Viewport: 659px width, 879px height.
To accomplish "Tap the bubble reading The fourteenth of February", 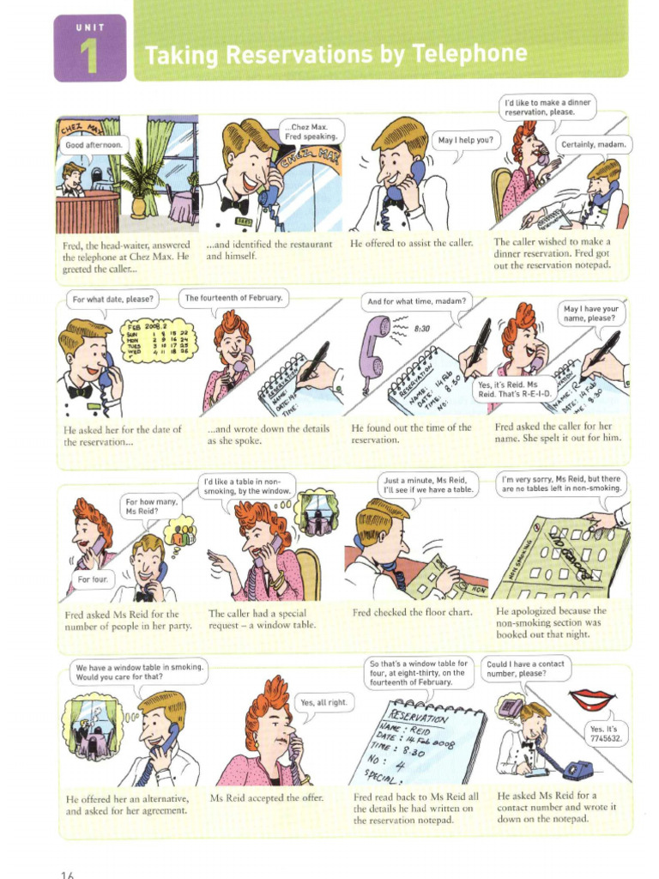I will click(233, 299).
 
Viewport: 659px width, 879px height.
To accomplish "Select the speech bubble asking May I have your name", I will click(591, 313).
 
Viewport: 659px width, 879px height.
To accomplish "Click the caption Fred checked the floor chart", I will click(407, 613).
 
